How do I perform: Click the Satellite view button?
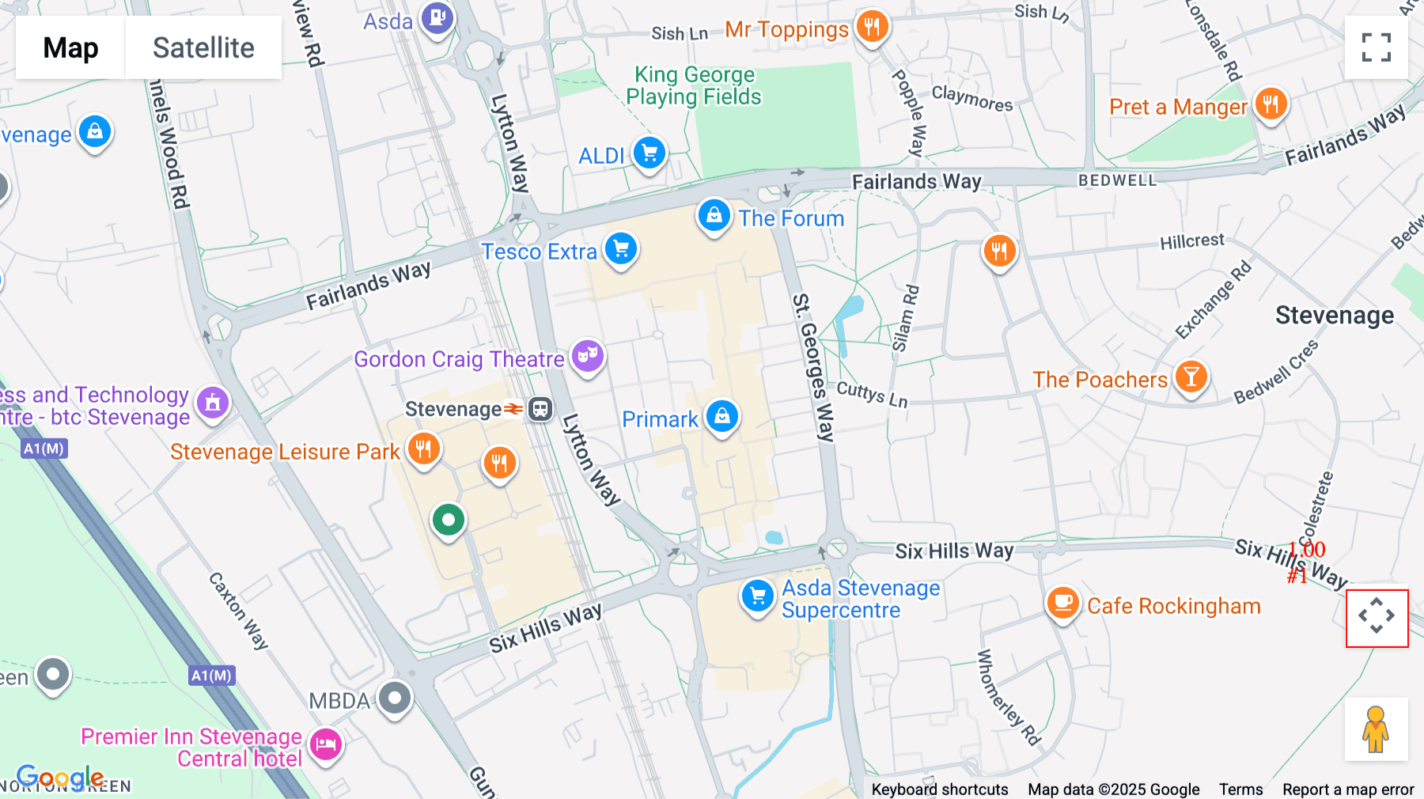(x=203, y=47)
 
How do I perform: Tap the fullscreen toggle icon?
(x=1376, y=47)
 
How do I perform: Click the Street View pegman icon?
(x=1376, y=729)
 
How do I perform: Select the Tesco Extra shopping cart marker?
(x=621, y=249)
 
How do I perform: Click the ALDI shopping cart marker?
(x=650, y=153)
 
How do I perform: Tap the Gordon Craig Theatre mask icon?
(x=587, y=357)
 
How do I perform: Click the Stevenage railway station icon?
(x=540, y=409)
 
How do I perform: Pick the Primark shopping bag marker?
(x=721, y=416)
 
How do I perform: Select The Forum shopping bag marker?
(x=714, y=215)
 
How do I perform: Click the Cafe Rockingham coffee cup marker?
(x=1063, y=603)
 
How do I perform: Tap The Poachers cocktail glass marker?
(x=1191, y=377)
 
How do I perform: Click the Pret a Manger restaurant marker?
(x=1271, y=104)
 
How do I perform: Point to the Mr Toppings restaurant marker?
(x=872, y=27)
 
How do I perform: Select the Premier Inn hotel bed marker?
(x=326, y=744)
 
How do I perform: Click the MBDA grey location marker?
(x=395, y=698)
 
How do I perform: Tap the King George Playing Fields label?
(x=694, y=85)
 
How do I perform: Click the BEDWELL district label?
(x=1117, y=180)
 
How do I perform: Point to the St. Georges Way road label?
(x=814, y=367)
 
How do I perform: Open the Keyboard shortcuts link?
(x=939, y=789)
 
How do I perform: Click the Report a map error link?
(x=1347, y=789)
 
